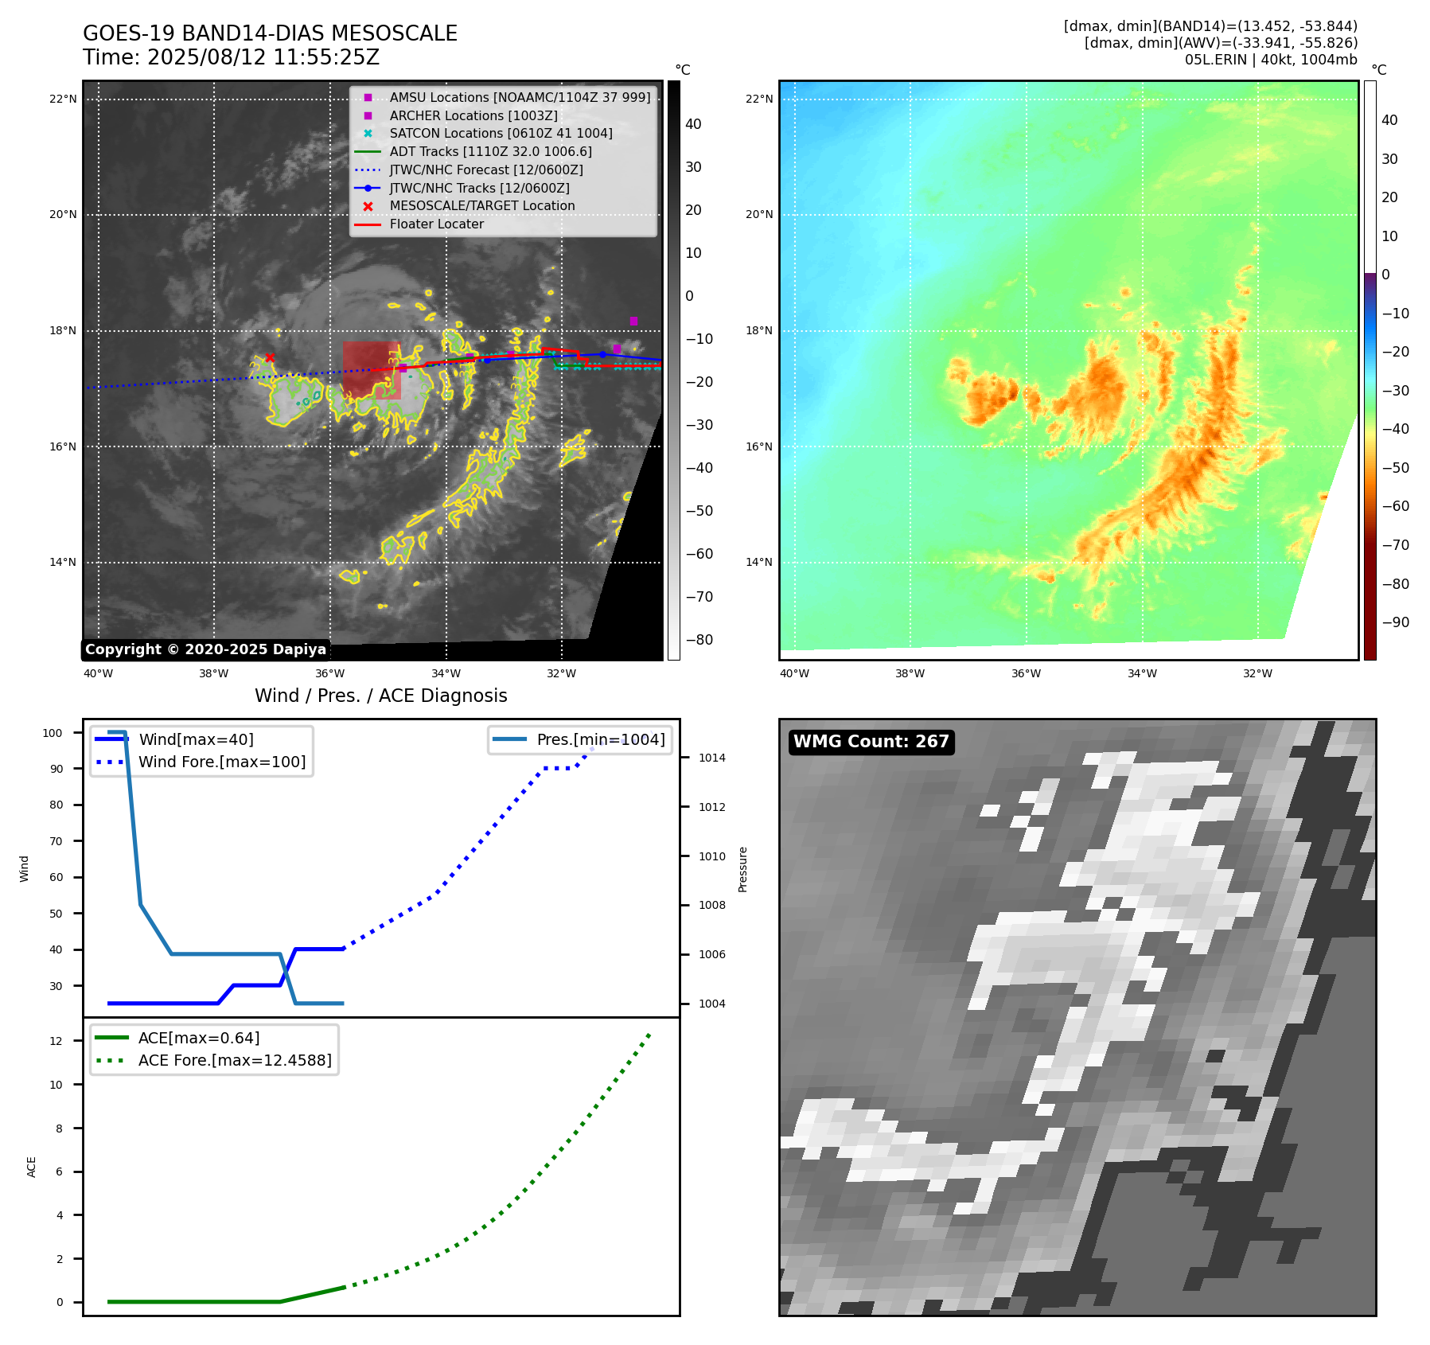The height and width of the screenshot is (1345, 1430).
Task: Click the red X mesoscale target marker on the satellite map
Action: (x=270, y=357)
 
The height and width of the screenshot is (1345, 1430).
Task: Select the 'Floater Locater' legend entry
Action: (x=436, y=224)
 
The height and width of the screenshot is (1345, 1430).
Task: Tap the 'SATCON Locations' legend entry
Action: (x=501, y=134)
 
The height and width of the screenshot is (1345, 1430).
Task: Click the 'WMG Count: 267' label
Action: (x=871, y=742)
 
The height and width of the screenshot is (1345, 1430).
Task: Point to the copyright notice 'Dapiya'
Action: (x=205, y=649)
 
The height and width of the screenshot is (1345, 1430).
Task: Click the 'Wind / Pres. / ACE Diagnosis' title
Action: (x=380, y=696)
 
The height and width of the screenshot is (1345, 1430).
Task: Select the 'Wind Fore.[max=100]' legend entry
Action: (x=221, y=762)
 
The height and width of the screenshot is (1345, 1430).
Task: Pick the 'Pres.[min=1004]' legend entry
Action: (x=600, y=739)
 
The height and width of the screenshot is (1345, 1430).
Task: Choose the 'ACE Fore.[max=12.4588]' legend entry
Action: (x=234, y=1060)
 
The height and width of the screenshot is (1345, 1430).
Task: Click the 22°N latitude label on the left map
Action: (x=63, y=99)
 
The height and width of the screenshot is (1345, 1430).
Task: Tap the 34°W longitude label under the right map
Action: (x=1142, y=673)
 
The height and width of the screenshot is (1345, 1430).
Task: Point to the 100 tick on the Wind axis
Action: (x=53, y=733)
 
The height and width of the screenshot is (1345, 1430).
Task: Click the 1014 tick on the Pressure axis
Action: (x=711, y=758)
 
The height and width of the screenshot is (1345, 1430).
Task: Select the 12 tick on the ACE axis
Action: (x=56, y=1041)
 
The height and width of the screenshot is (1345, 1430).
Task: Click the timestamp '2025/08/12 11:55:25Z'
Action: (x=263, y=58)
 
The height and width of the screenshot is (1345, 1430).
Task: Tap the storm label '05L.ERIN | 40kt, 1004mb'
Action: (x=1270, y=60)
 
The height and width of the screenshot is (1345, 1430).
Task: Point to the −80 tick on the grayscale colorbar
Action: (x=699, y=640)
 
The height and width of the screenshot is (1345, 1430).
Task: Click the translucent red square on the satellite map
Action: (x=371, y=370)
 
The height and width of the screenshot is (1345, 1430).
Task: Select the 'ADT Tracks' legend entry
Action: (x=490, y=152)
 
